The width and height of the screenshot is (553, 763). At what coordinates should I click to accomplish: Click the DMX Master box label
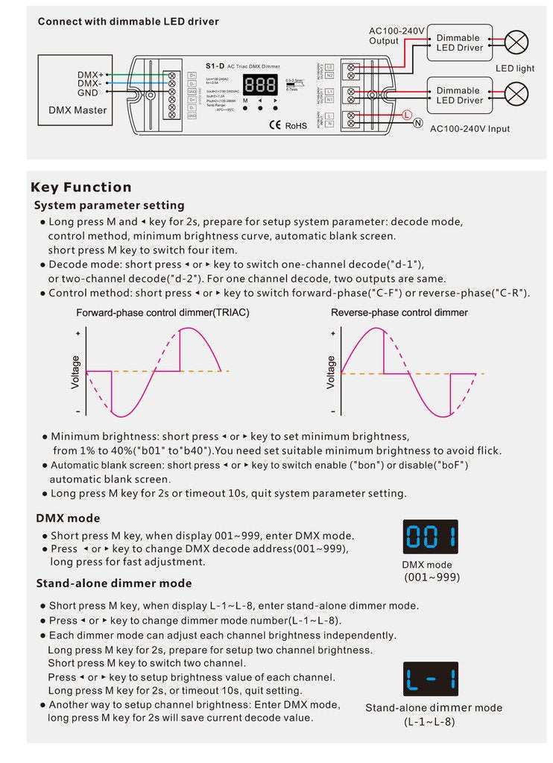[78, 110]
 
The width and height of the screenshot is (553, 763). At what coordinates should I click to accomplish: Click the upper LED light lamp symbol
[516, 42]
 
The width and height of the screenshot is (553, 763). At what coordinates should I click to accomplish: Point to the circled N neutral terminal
[418, 124]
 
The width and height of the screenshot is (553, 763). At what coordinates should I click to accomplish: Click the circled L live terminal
[406, 114]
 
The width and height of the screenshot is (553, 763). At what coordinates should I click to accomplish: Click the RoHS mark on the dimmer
[296, 126]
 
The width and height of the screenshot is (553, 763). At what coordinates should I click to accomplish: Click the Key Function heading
[81, 187]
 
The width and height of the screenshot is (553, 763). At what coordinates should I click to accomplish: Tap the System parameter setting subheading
[110, 205]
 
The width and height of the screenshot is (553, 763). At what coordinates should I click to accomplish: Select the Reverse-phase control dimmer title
[399, 313]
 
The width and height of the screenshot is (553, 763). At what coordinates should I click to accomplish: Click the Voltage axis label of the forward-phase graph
[75, 372]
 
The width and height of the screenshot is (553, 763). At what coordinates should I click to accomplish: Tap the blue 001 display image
[431, 536]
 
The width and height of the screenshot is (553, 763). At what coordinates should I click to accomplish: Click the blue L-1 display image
[431, 679]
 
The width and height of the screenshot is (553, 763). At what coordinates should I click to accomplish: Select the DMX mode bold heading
[68, 518]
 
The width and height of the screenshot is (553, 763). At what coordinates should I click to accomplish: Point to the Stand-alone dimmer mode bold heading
[114, 583]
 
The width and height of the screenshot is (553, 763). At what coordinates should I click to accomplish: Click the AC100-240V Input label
[470, 129]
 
